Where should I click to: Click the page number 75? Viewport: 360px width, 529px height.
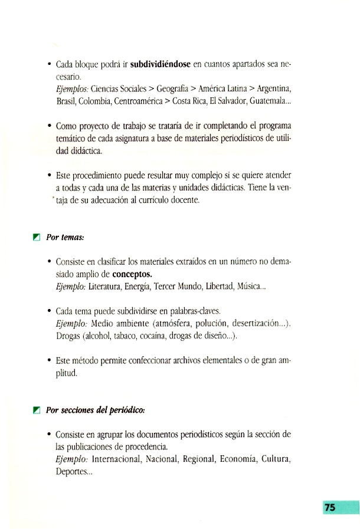(330, 507)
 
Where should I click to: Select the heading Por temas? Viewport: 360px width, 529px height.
(66, 237)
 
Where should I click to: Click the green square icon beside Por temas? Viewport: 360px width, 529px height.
(37, 237)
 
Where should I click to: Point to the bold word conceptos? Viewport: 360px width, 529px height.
(132, 274)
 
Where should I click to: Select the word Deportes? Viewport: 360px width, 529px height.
(70, 471)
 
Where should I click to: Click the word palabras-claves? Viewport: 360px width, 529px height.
(194, 311)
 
